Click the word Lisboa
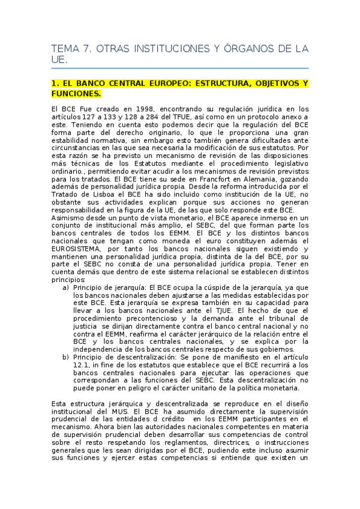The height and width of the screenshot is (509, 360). (94, 194)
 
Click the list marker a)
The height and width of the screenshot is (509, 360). (65, 288)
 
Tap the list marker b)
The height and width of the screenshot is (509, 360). (65, 358)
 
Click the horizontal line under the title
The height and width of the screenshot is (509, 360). (180, 68)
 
